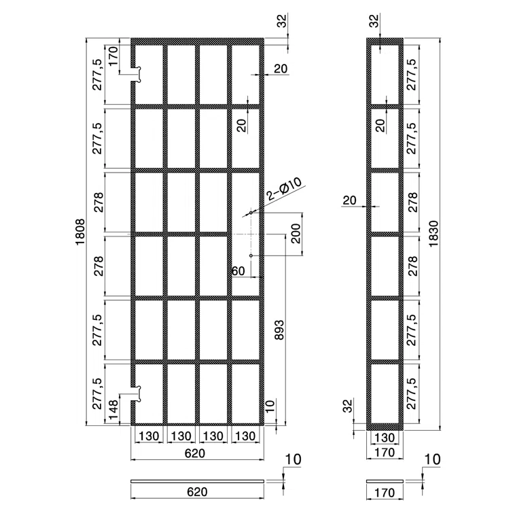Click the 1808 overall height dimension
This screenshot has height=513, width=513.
[x=80, y=232]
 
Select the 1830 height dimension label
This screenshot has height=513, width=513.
[x=434, y=234]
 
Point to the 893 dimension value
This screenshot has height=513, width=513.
[x=279, y=330]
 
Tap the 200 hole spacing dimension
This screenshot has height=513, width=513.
[x=296, y=233]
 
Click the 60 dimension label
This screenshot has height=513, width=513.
[x=238, y=271]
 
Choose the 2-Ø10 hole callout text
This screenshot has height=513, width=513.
[x=283, y=189]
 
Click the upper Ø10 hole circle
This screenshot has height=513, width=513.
[x=251, y=213]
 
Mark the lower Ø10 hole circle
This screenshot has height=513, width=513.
[x=251, y=255]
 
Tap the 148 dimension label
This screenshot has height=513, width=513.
[x=113, y=409]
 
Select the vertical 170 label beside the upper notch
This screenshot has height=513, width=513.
[x=113, y=56]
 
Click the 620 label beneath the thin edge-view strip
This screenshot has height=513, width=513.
[x=197, y=492]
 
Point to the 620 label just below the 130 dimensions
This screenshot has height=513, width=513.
[x=195, y=453]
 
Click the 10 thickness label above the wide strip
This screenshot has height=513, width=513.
[x=294, y=460]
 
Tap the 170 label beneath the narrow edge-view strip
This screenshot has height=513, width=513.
[x=384, y=493]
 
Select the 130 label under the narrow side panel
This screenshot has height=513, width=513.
[x=384, y=438]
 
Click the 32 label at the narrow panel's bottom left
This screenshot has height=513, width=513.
[x=349, y=406]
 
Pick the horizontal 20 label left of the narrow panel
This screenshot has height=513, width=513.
[x=349, y=200]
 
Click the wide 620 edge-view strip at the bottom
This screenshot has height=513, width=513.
[x=197, y=481]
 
